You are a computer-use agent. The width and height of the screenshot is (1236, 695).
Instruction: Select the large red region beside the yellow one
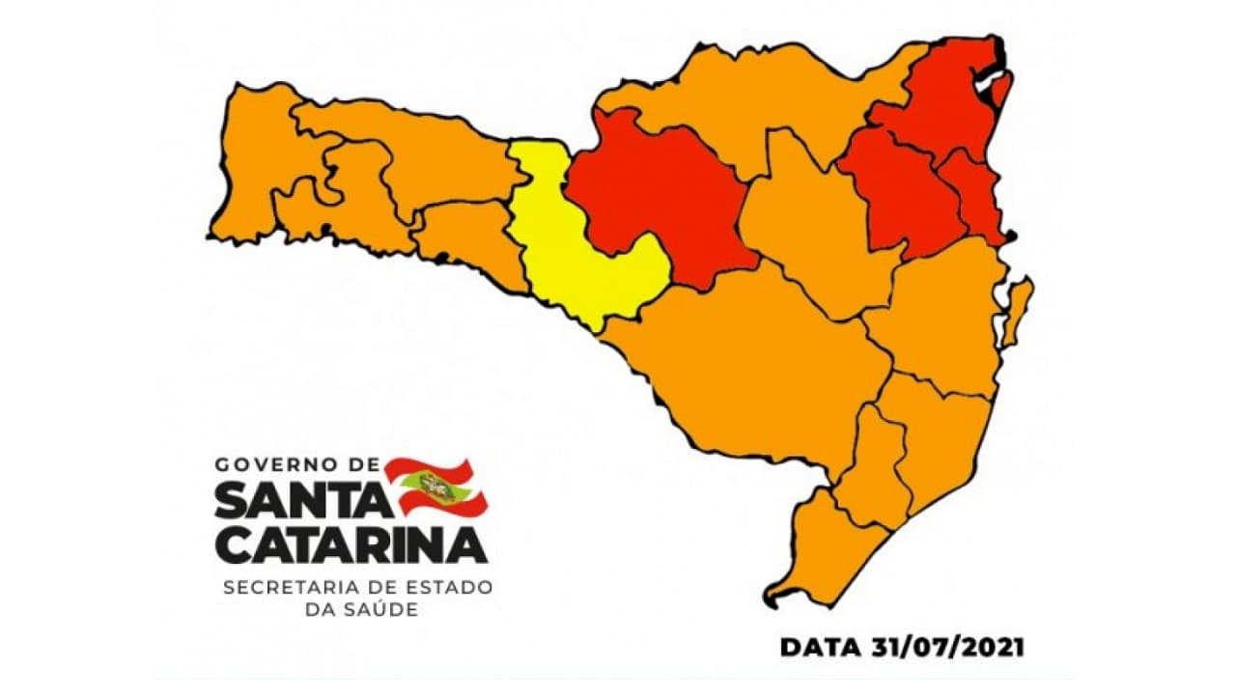point(657,193)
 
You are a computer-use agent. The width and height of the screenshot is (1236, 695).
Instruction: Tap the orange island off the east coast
point(1016,309)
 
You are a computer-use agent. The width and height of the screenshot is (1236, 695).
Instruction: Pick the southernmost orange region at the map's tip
point(821,550)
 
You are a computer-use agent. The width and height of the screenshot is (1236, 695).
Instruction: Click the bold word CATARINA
point(350,545)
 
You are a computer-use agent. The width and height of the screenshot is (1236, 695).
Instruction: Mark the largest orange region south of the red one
point(753,367)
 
